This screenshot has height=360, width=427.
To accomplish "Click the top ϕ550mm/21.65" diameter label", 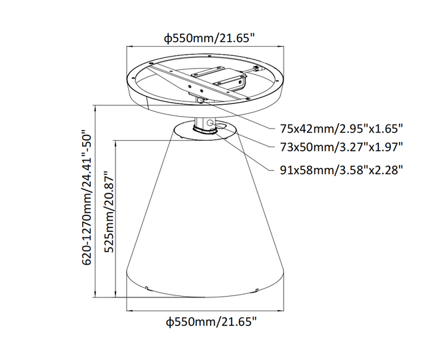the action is click(x=209, y=38).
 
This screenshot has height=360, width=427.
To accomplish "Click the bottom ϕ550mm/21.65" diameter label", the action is click(x=211, y=322).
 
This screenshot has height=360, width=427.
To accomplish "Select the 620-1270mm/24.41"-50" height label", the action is click(x=87, y=197).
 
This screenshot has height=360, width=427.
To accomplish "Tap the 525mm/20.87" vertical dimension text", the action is click(x=110, y=212).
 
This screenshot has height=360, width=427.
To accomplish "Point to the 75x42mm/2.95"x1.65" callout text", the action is click(x=341, y=129).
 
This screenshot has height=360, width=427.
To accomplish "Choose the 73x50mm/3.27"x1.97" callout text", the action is click(x=341, y=147).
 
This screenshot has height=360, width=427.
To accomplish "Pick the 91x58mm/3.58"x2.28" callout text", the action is click(x=341, y=170).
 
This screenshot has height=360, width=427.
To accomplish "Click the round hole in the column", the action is click(x=209, y=123).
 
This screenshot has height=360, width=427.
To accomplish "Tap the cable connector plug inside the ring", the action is click(x=256, y=68).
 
